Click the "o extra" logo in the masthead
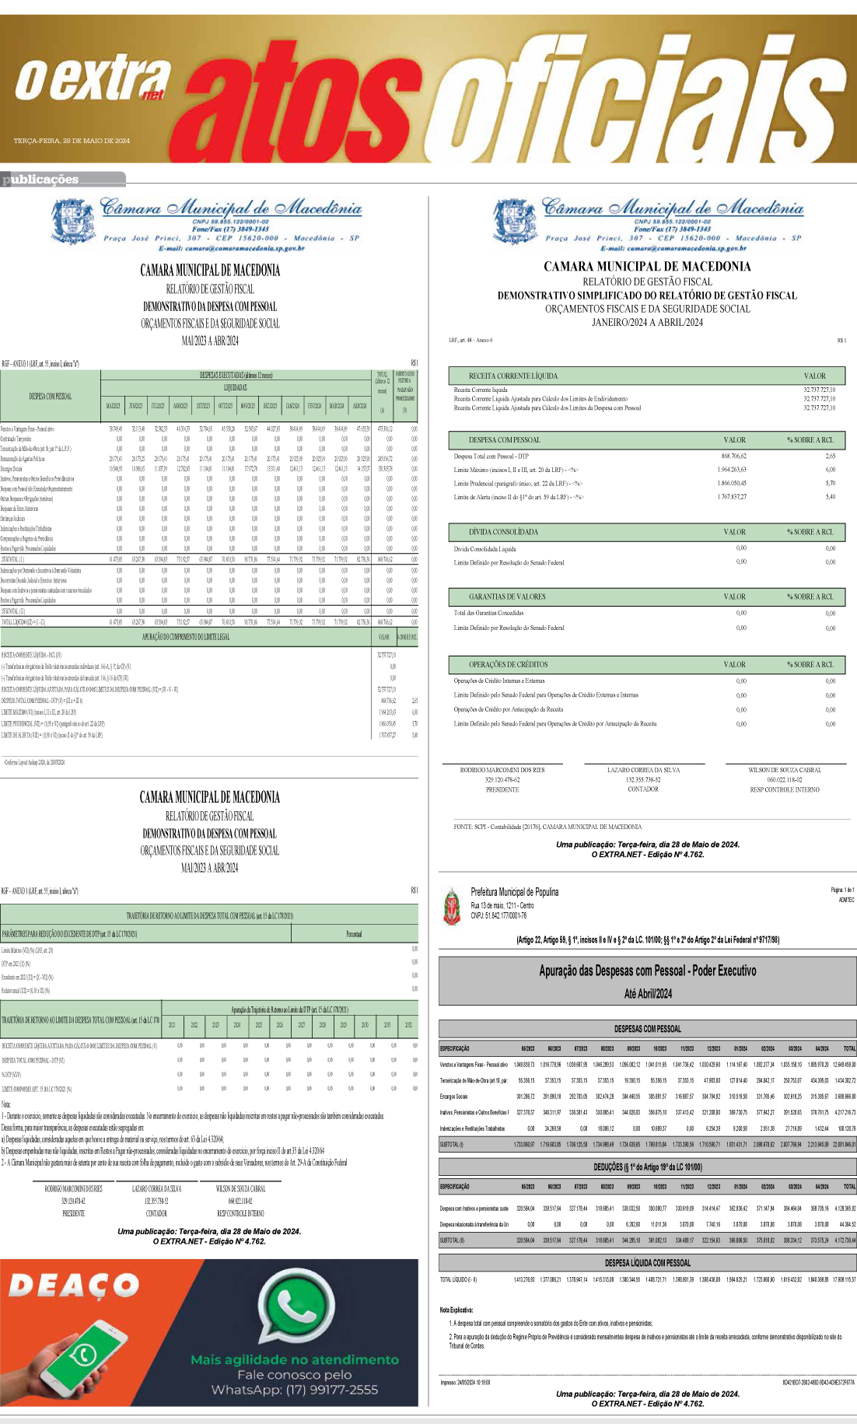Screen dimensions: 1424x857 click(93, 80)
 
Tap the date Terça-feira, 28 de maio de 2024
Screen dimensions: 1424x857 click(72, 141)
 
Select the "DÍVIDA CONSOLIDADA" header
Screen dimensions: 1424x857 click(503, 532)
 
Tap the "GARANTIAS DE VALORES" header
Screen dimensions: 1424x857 click(507, 597)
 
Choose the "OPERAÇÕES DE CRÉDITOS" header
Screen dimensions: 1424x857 click(508, 664)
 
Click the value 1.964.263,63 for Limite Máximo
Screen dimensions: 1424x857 click(731, 470)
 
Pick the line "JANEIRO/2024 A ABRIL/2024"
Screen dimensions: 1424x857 click(647, 322)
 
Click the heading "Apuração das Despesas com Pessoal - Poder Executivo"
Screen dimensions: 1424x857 click(647, 971)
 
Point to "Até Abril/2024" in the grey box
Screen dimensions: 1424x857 click(647, 993)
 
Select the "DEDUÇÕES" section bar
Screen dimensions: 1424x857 click(647, 1167)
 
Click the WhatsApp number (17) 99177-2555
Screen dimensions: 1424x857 click(295, 1389)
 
